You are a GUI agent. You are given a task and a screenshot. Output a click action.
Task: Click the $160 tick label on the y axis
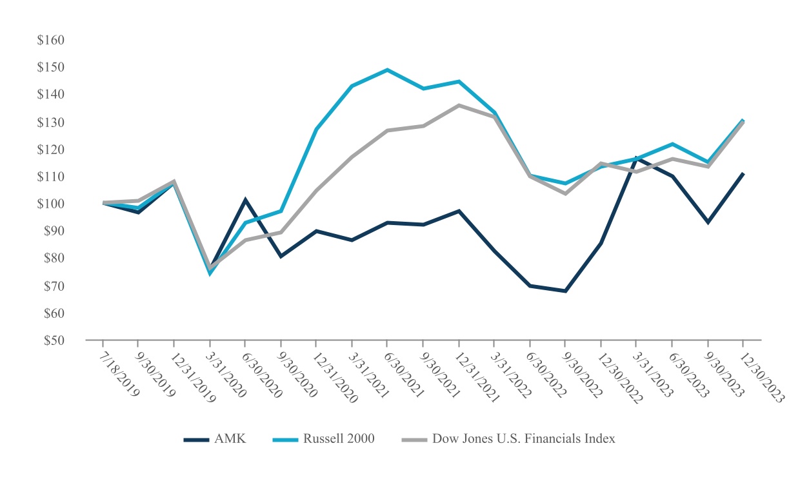(51, 40)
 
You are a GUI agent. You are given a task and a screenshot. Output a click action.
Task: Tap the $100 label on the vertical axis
(51, 204)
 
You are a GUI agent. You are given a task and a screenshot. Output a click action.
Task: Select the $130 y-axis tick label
(51, 122)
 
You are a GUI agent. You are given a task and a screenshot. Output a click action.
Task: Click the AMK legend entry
(230, 439)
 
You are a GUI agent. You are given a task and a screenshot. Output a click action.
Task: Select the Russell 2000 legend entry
(338, 439)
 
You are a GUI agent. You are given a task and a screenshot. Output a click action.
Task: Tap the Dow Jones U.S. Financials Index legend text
(523, 439)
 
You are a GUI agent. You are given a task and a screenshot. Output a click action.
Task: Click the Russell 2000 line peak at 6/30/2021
(386, 70)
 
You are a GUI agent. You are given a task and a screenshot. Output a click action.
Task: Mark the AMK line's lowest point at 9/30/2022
(565, 291)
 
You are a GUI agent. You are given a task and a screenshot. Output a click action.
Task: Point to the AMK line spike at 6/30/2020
(245, 200)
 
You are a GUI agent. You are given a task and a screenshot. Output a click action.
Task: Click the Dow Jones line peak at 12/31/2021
(458, 105)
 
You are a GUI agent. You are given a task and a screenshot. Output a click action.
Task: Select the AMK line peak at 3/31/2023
(637, 157)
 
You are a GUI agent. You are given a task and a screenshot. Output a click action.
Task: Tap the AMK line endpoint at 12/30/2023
(743, 173)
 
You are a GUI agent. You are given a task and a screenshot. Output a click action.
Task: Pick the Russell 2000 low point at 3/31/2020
(210, 273)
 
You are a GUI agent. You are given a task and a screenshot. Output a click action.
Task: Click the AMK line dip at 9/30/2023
(708, 222)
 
